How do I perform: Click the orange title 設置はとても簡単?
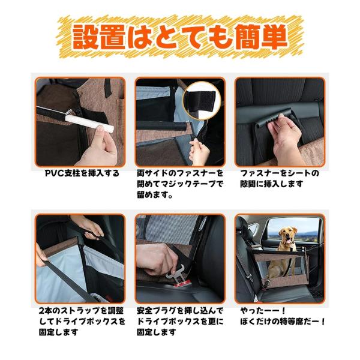(x=180, y=37)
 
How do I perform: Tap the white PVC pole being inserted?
(x=89, y=123)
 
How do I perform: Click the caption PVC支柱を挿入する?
(x=82, y=173)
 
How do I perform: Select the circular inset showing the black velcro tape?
(x=202, y=100)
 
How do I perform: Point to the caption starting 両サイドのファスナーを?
(x=180, y=184)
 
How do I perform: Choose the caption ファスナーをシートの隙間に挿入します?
(x=280, y=179)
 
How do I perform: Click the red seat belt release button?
(x=182, y=284)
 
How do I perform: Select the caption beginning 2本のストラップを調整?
(x=82, y=322)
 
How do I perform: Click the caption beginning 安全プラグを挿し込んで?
(x=180, y=322)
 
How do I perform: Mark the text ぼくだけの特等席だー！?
(x=283, y=322)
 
